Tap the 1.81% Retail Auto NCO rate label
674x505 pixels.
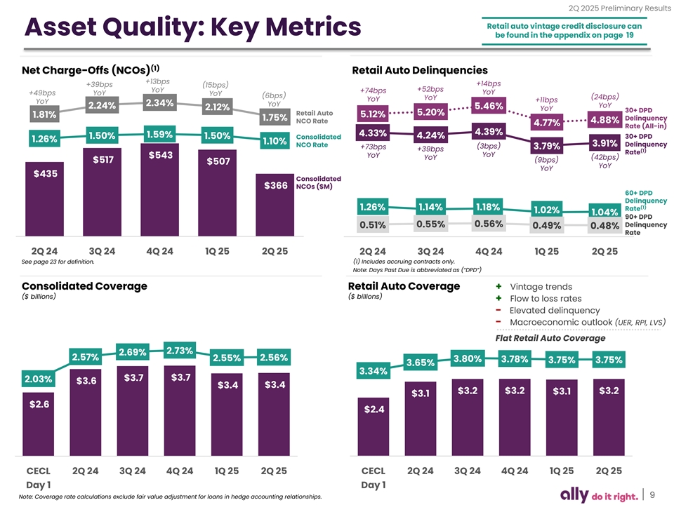point(44,114)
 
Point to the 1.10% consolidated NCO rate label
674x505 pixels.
point(275,142)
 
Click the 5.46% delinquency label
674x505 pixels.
point(489,106)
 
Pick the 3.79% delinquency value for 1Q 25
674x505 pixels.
point(546,146)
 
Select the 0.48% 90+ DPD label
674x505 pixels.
point(604,226)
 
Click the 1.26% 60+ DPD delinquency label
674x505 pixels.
point(372,207)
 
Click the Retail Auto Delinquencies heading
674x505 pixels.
point(419,70)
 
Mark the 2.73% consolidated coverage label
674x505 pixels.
point(180,351)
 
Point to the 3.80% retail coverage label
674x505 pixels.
point(467,359)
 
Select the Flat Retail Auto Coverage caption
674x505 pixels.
point(550,338)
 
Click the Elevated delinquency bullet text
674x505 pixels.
point(554,310)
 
